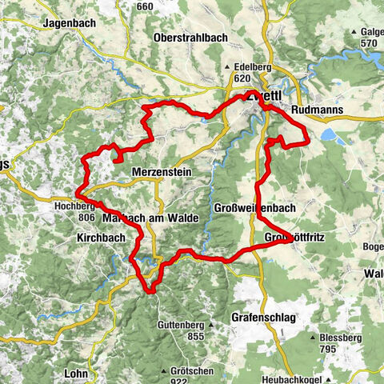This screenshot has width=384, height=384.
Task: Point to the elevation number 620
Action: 243,80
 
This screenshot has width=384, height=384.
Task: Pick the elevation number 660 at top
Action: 145,6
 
